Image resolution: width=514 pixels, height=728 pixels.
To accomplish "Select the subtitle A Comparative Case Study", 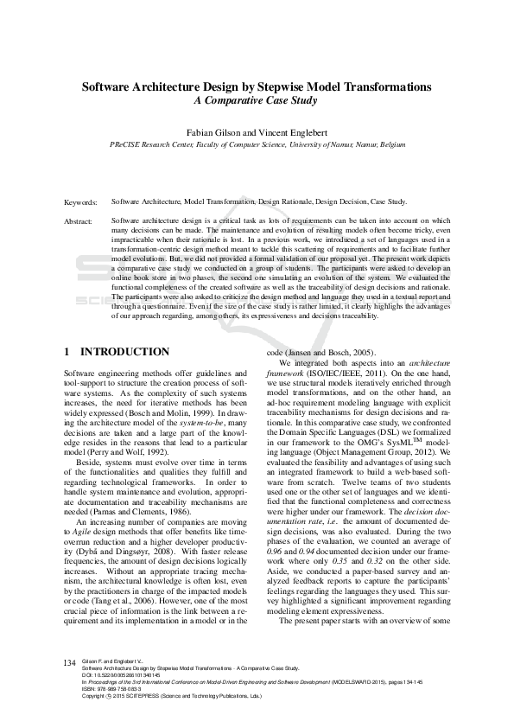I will point(256,100).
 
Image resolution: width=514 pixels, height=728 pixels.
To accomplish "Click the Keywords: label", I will point(81,201).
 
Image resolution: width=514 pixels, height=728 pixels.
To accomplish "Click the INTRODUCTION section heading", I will point(124,352).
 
